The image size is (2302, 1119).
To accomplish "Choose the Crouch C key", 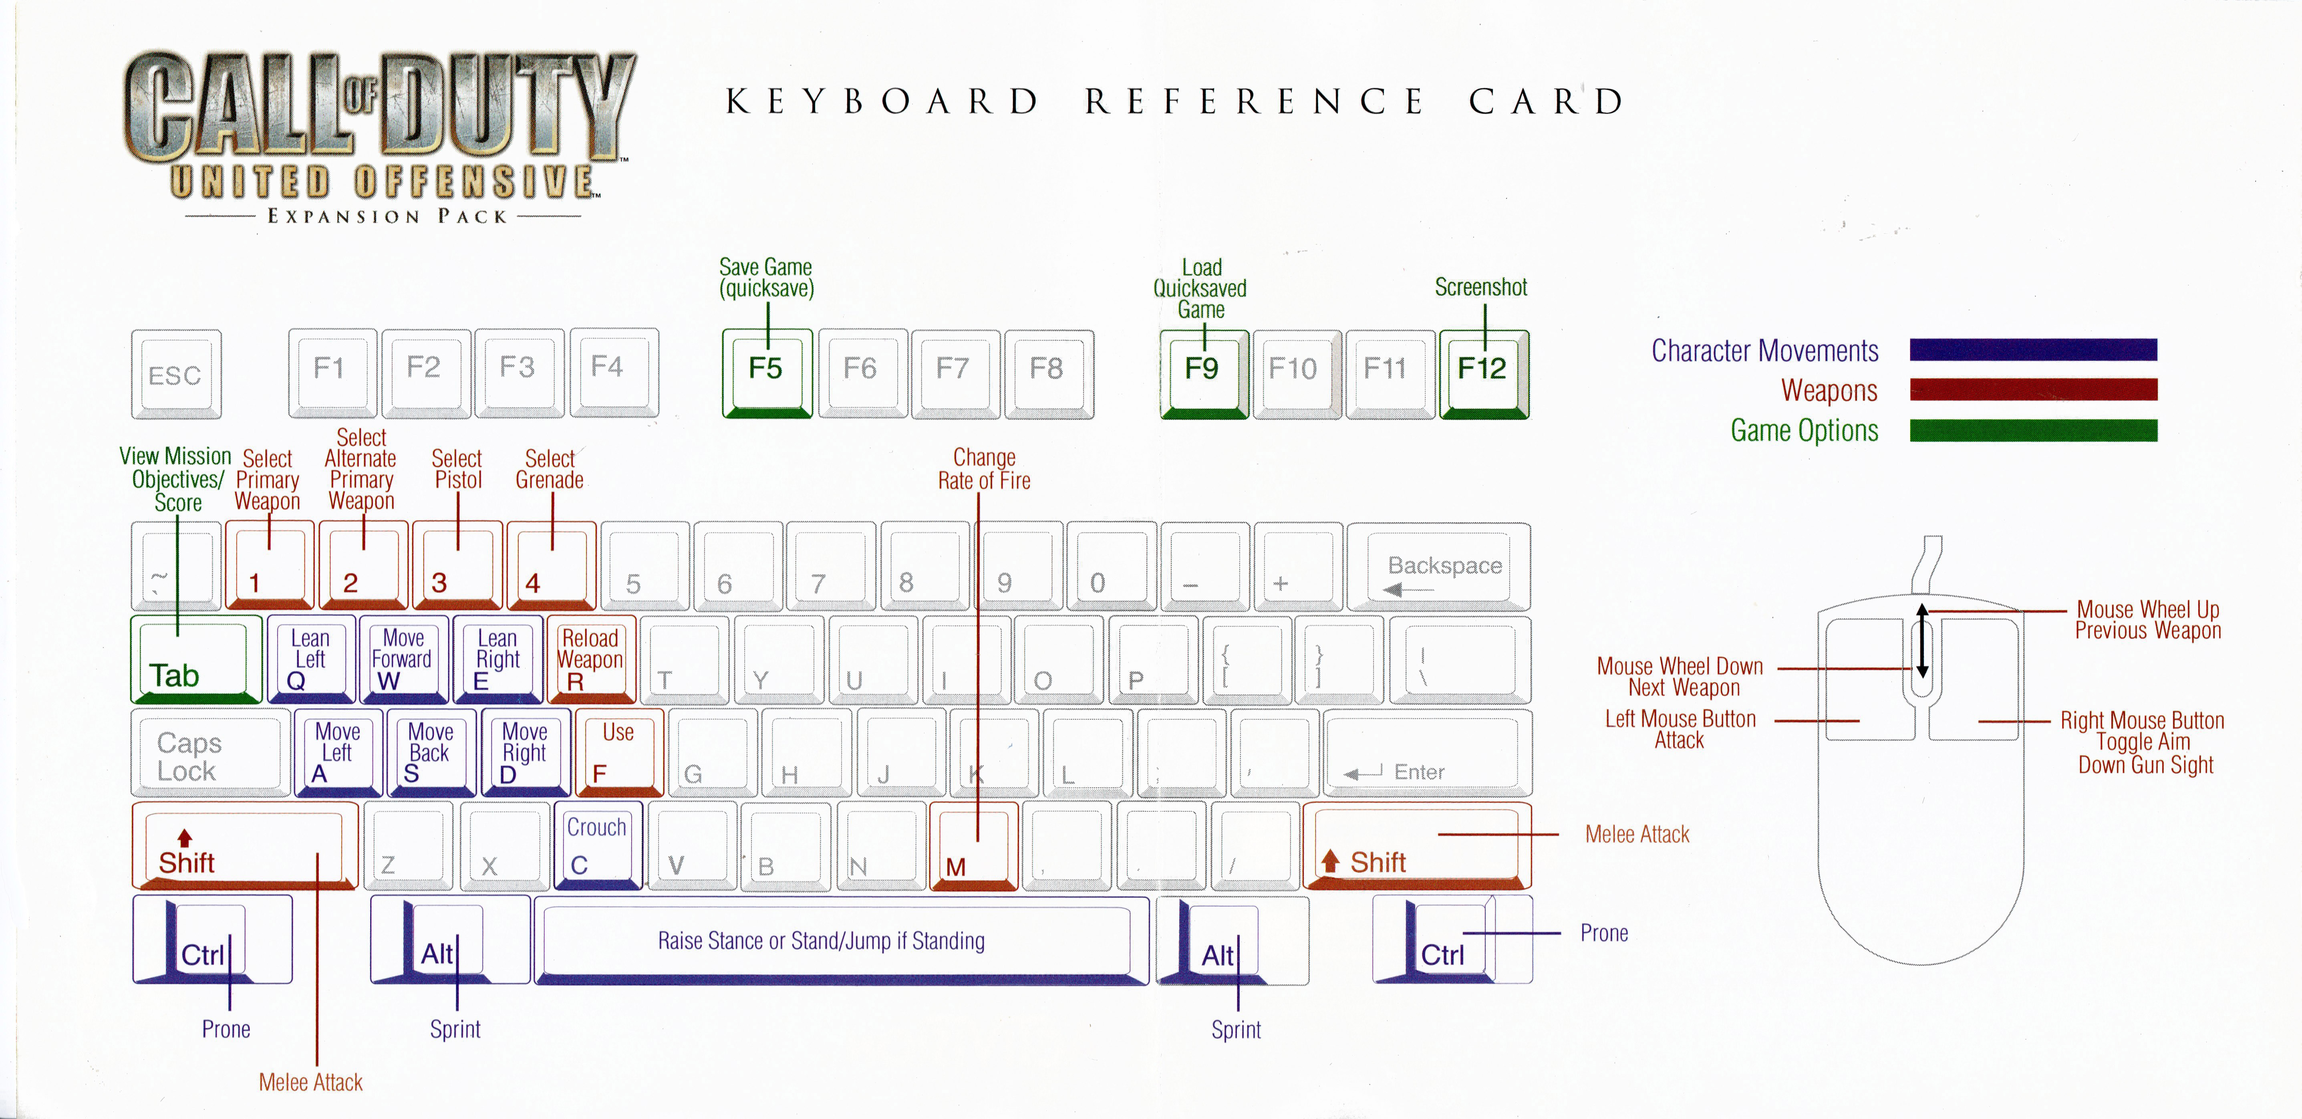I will point(597,845).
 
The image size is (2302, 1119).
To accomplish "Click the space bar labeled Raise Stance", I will point(840,940).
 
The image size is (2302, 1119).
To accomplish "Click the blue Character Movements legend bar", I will point(2033,349).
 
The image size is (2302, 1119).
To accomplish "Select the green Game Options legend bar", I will point(2033,431).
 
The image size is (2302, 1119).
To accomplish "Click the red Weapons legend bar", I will point(2033,390).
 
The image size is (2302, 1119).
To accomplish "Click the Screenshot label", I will point(1481,288).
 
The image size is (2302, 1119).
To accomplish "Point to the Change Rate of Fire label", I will point(984,469).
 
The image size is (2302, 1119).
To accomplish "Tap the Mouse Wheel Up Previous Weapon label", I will point(2147,620).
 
